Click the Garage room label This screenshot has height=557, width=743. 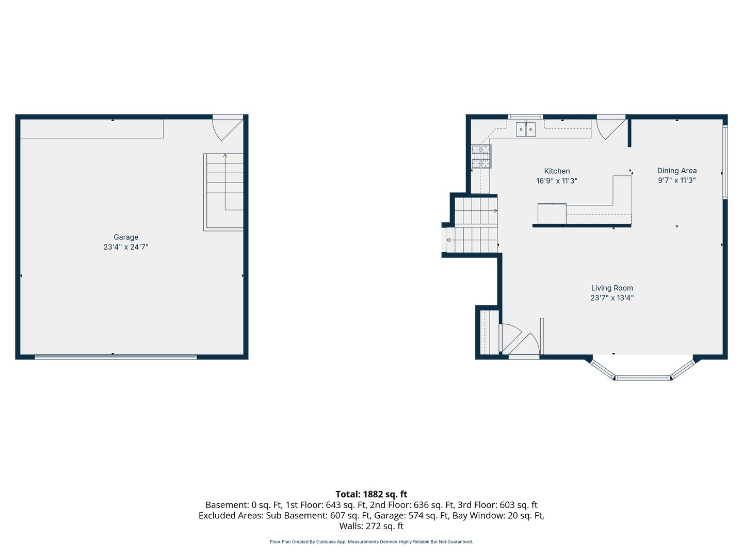(x=126, y=237)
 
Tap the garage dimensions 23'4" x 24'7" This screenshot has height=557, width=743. (x=126, y=247)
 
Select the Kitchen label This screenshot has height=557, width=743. (x=557, y=171)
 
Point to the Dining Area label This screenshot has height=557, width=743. (x=677, y=171)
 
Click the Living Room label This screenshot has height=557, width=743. (x=612, y=288)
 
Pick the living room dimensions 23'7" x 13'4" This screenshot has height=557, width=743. (x=612, y=298)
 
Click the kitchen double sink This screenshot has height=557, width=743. (x=526, y=129)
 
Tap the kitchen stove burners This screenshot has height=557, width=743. (x=481, y=157)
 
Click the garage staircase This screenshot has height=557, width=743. (x=223, y=192)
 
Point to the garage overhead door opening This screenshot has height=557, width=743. (x=116, y=357)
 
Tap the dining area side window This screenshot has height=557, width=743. (x=725, y=162)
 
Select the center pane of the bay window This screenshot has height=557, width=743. (x=642, y=378)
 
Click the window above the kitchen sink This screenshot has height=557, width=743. (x=525, y=117)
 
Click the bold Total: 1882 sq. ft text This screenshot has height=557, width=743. (x=372, y=494)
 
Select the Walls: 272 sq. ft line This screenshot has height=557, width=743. (x=372, y=526)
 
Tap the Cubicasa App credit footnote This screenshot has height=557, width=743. (x=372, y=542)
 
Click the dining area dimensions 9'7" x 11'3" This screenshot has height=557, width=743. (x=677, y=181)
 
